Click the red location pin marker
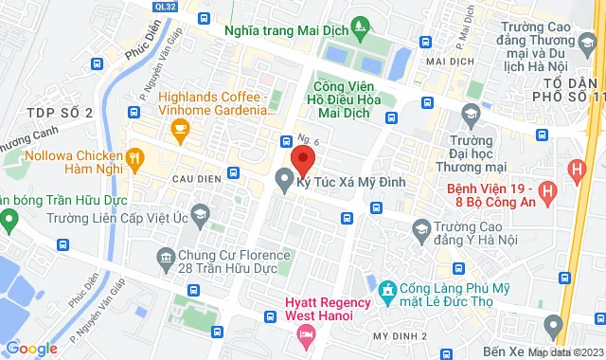point(303,158)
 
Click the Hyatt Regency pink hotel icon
point(307,334)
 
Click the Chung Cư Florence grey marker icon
point(166,256)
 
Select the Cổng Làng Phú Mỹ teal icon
point(386,289)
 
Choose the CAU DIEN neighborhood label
point(197,178)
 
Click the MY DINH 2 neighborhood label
point(400,337)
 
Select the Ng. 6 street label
point(309,139)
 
